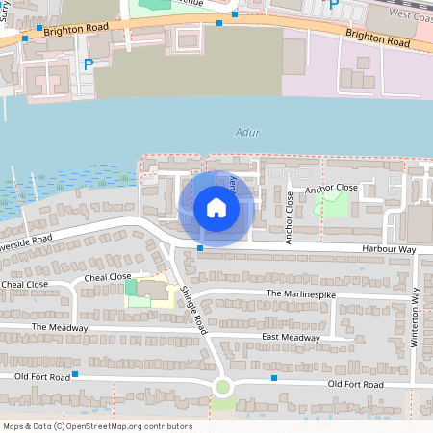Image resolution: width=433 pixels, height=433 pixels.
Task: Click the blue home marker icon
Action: [216, 207]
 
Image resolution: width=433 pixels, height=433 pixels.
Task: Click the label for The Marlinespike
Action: [299, 293]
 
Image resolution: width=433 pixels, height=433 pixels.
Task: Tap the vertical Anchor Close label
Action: [288, 217]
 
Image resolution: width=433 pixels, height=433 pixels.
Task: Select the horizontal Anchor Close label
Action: [331, 188]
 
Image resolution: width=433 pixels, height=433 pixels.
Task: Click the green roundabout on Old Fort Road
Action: [223, 388]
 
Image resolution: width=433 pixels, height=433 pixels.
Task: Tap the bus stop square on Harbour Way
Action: [200, 249]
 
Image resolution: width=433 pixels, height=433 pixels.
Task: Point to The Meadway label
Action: [60, 328]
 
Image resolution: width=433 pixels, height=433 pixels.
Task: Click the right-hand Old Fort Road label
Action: [355, 384]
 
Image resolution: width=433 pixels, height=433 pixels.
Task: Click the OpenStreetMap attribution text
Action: [97, 426]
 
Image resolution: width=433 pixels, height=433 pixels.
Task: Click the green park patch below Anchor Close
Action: [334, 204]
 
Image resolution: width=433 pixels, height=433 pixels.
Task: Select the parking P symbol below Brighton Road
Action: [89, 64]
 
